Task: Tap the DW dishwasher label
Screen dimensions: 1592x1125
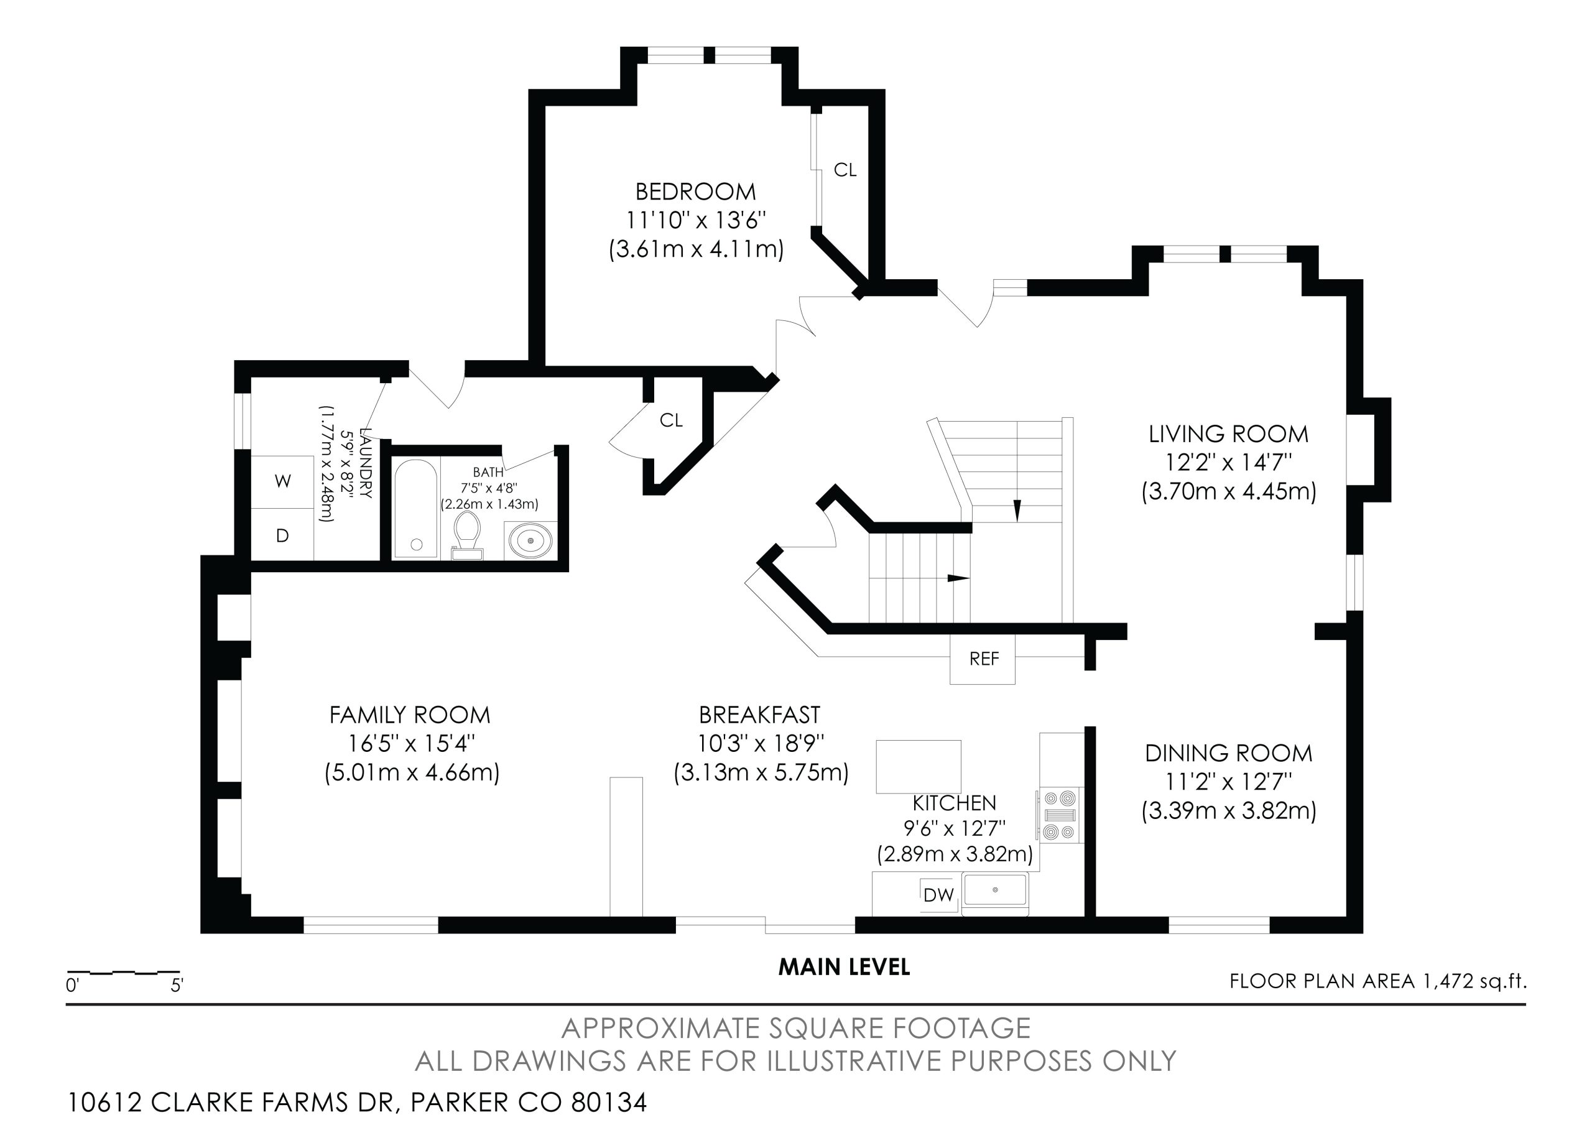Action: [938, 895]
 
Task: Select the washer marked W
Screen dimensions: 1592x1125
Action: [282, 481]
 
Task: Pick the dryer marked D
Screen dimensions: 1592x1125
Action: [282, 535]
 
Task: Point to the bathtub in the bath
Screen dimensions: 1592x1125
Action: [416, 509]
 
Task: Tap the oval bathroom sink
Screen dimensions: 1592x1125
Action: [531, 540]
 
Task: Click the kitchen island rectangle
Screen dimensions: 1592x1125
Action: [919, 766]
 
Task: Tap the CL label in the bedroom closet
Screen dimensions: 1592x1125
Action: [845, 170]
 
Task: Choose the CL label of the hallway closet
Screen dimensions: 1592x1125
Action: [671, 420]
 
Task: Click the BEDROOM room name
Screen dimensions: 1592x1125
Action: [695, 192]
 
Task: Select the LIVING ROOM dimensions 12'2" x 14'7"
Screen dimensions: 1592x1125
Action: [1228, 463]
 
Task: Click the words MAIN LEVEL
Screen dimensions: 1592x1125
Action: [844, 967]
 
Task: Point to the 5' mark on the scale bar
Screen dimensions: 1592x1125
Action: [177, 985]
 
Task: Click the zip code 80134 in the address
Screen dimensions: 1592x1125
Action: [609, 1102]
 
